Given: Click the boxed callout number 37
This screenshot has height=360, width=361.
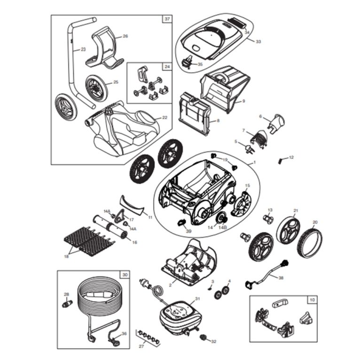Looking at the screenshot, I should click(167, 19).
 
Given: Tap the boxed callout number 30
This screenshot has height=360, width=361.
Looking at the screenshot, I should click(125, 275).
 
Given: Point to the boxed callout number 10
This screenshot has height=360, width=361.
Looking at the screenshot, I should click(313, 299).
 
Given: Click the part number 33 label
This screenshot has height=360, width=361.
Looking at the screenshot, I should click(258, 41).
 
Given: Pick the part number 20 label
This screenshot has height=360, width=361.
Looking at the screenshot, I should click(315, 222).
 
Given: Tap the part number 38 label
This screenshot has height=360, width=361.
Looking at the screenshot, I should click(281, 278).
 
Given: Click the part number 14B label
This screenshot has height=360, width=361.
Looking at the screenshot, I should click(224, 227).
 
